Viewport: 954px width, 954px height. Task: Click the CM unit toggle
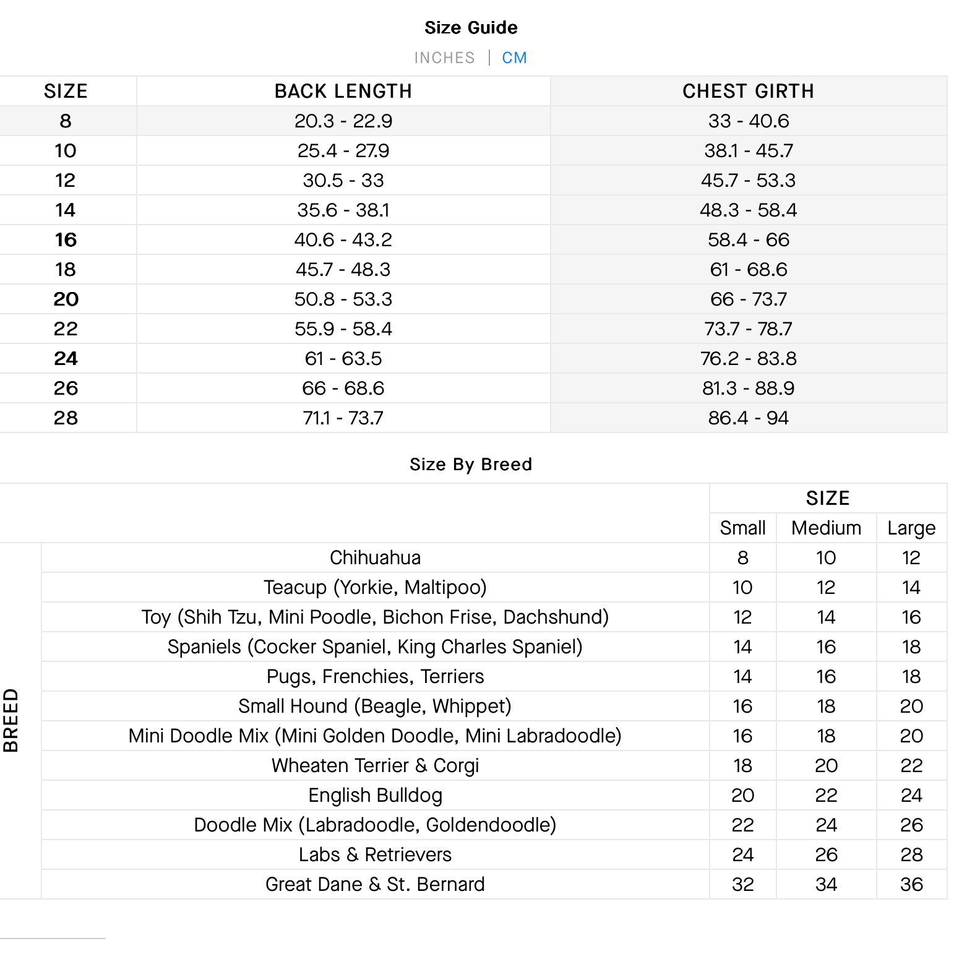[x=514, y=58]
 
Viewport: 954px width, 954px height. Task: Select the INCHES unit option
[x=444, y=58]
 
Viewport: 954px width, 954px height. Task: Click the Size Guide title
[x=471, y=27]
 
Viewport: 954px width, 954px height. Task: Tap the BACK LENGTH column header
[x=343, y=91]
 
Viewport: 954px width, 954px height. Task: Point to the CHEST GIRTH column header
[x=748, y=91]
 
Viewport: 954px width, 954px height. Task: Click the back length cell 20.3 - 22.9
[x=343, y=121]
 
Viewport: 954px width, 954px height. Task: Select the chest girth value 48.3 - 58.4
[x=748, y=210]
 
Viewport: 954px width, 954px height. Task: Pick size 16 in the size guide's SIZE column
[x=66, y=239]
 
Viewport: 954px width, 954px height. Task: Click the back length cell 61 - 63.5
[x=343, y=358]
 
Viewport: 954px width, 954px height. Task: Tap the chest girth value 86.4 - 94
[x=748, y=418]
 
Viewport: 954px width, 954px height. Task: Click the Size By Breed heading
[x=471, y=464]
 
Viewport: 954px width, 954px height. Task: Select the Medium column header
[x=826, y=528]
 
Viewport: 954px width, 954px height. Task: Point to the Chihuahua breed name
[x=375, y=557]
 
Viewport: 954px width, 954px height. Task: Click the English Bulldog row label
[x=375, y=795]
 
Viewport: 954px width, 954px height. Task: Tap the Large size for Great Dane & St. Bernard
[x=911, y=884]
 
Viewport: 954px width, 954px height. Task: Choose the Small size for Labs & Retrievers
[x=742, y=854]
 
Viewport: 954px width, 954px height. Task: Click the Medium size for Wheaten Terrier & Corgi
[x=826, y=765]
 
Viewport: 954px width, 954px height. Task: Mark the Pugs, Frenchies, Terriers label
[x=375, y=676]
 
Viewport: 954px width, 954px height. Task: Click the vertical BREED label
[x=11, y=720]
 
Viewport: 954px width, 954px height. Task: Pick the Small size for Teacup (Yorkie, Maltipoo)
[x=742, y=587]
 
